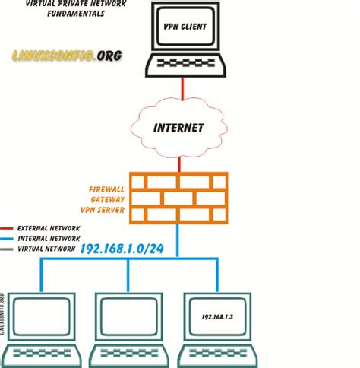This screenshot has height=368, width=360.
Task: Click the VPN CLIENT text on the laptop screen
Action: click(x=182, y=35)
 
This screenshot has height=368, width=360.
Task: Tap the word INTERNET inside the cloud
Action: click(x=179, y=128)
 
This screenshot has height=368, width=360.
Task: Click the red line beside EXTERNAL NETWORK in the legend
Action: click(x=8, y=227)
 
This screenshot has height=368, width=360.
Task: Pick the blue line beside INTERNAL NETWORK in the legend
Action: click(x=8, y=238)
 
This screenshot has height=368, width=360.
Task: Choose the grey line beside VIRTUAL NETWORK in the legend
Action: click(x=8, y=249)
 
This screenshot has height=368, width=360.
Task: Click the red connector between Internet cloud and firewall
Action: click(x=179, y=163)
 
